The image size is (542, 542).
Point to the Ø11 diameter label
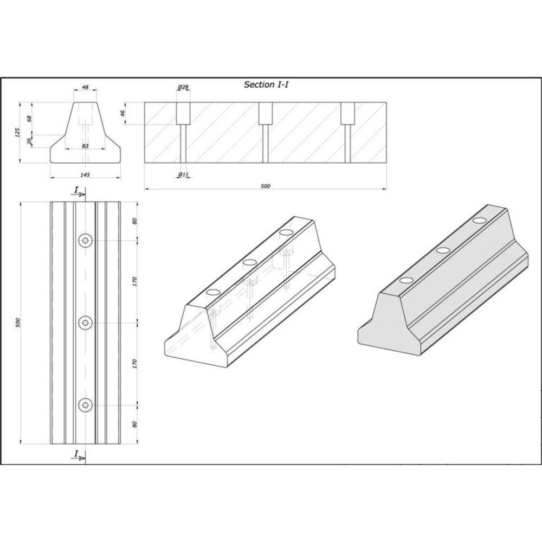pos(183,175)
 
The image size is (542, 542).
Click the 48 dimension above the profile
pos(85,87)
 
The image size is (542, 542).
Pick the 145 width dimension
pos(85,174)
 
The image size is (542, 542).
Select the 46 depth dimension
pos(122,113)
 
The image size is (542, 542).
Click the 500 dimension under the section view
pos(265,186)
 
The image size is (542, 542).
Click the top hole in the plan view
pos(85,241)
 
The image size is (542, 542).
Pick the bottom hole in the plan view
pos(85,404)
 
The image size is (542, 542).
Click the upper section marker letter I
pos(76,190)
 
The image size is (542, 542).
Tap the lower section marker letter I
pos(76,454)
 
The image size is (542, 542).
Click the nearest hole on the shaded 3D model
pos(406,280)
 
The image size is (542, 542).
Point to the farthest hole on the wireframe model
pos(286,233)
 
